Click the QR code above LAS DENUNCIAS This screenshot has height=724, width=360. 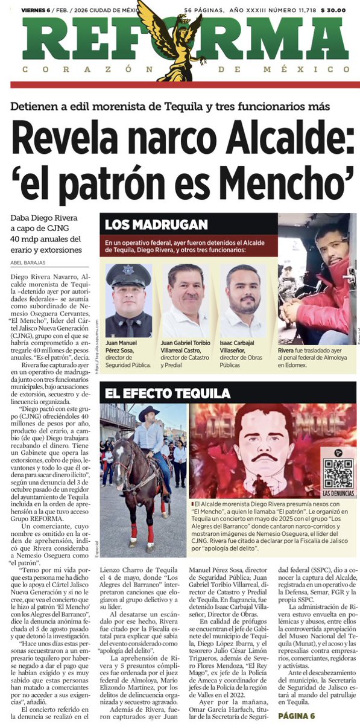[x=338, y=473]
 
